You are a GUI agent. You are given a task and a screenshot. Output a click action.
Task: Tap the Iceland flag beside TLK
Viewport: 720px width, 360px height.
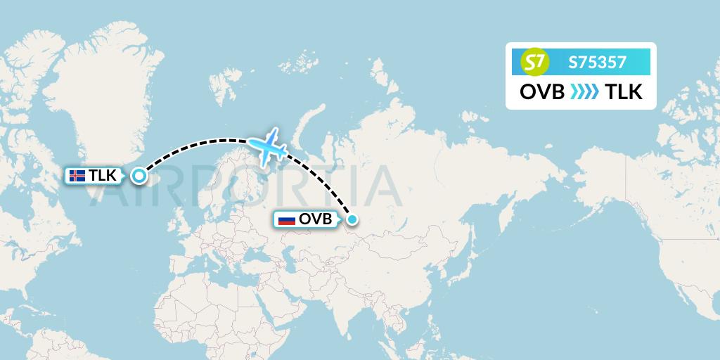click(78, 176)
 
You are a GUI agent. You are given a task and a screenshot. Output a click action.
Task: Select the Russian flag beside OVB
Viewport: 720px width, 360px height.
click(287, 220)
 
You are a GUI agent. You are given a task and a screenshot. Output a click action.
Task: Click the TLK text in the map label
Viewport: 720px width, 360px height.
click(102, 176)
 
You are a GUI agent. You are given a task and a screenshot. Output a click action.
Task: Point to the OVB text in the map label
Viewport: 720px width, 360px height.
click(315, 220)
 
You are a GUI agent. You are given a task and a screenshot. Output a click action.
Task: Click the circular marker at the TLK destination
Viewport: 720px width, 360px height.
click(139, 176)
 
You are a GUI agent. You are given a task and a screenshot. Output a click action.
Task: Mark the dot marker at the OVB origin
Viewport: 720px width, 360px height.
click(352, 220)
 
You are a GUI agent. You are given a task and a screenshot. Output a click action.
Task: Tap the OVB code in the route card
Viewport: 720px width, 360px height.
click(541, 92)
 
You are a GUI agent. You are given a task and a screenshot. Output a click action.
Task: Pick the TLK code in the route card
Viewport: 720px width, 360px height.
click(624, 92)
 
